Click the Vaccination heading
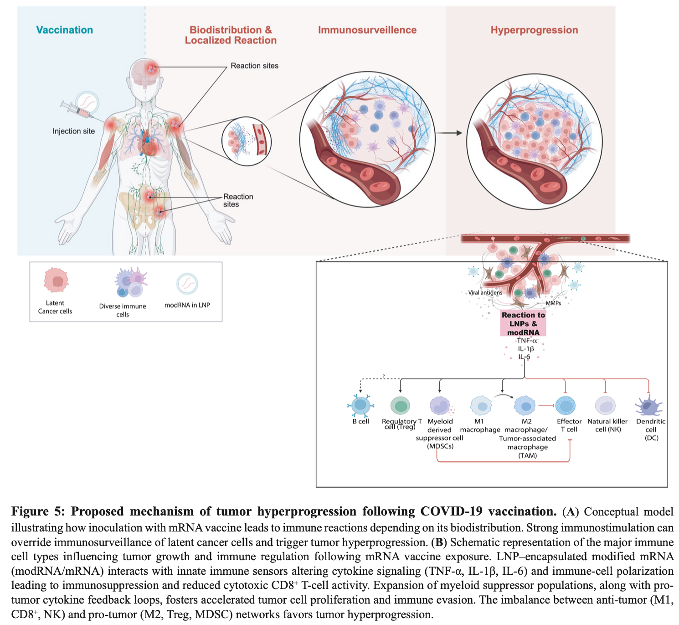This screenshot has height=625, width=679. (x=64, y=30)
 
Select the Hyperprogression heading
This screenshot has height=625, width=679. (x=534, y=30)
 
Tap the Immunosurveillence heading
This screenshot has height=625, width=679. (x=367, y=30)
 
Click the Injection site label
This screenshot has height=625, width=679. (x=73, y=131)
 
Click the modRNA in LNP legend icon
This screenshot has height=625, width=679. (x=187, y=284)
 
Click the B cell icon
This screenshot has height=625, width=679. (x=361, y=405)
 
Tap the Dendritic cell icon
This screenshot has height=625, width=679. (x=648, y=406)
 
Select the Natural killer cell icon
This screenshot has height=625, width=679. (x=605, y=406)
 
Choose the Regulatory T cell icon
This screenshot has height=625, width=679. (x=400, y=405)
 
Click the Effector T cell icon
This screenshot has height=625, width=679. (x=566, y=406)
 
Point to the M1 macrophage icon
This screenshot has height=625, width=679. (x=481, y=406)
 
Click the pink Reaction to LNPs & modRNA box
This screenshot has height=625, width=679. (x=523, y=323)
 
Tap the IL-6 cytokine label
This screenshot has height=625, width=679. (x=524, y=357)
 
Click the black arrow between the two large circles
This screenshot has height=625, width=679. (x=448, y=133)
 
